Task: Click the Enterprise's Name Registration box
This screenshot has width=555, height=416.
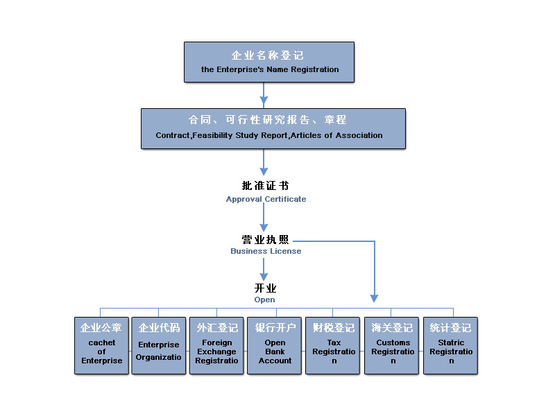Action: [269, 62]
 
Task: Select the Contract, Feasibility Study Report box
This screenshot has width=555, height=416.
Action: [273, 128]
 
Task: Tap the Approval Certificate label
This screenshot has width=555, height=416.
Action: [266, 199]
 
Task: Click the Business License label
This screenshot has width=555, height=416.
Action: [266, 251]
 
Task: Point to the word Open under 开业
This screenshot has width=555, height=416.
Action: [264, 300]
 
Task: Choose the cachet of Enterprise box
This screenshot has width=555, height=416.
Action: [101, 346]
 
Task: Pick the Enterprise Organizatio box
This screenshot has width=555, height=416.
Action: [159, 346]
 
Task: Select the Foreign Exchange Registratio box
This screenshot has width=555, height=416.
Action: [217, 346]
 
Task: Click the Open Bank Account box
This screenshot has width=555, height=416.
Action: [275, 346]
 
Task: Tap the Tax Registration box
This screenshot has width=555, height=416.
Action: [334, 346]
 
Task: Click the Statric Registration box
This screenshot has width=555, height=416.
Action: [451, 346]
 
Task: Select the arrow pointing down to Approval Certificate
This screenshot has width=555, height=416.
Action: [264, 164]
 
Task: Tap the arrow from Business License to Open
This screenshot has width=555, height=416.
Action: [264, 269]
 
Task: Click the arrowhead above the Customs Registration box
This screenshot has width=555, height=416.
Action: [374, 297]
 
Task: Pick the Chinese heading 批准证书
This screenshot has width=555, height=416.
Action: [265, 186]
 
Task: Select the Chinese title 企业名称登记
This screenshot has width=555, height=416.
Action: [268, 55]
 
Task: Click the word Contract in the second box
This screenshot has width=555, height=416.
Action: [172, 136]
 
